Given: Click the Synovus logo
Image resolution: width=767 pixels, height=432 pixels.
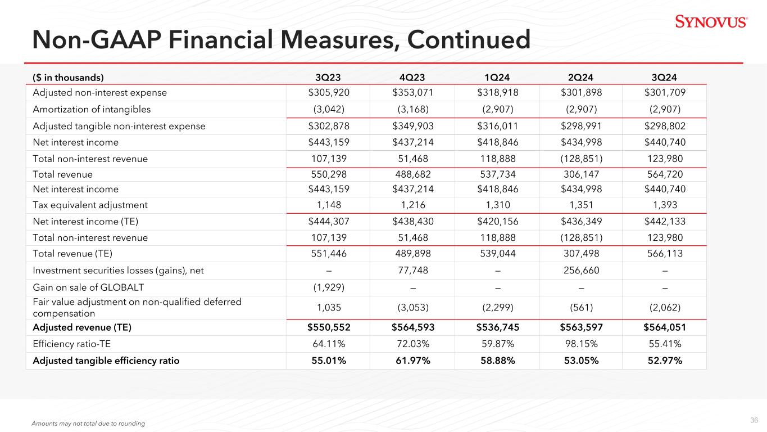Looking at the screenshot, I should (x=711, y=22).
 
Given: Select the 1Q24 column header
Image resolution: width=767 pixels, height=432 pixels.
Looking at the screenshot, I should (x=496, y=77).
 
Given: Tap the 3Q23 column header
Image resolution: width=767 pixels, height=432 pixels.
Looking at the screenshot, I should (x=328, y=77).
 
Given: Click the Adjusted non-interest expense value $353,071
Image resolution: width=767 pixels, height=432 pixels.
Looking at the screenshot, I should (x=412, y=92).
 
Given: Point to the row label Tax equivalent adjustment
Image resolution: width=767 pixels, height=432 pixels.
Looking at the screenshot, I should (x=90, y=205).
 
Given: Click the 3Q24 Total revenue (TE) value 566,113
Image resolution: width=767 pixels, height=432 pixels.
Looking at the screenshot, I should (x=665, y=254).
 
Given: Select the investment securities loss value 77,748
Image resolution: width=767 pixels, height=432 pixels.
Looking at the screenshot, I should (x=412, y=271).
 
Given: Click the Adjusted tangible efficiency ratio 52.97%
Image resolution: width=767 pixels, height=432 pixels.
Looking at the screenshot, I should (x=665, y=361).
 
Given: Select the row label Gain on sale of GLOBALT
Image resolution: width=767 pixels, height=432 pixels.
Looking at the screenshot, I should (x=88, y=287).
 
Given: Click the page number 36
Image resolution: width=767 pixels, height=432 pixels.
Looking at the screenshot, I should (x=754, y=420).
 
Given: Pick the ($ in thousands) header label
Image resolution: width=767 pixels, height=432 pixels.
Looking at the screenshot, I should (x=68, y=77).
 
